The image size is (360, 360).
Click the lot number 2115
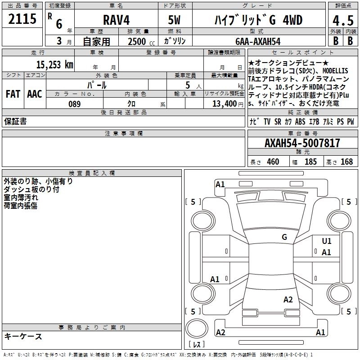pyautogui.click(x=22, y=19)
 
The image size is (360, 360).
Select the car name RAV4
pyautogui.click(x=117, y=20)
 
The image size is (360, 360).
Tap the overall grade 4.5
pyautogui.click(x=343, y=21)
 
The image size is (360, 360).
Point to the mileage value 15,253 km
pyautogui.click(x=54, y=64)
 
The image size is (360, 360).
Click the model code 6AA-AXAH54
pyautogui.click(x=258, y=41)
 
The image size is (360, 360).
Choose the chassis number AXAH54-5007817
pyautogui.click(x=302, y=143)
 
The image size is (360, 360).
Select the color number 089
pyautogui.click(x=74, y=104)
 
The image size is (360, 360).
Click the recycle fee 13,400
pyautogui.click(x=224, y=103)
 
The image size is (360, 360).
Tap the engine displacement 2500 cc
pyautogui.click(x=141, y=41)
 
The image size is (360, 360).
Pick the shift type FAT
pyautogui.click(x=13, y=94)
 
